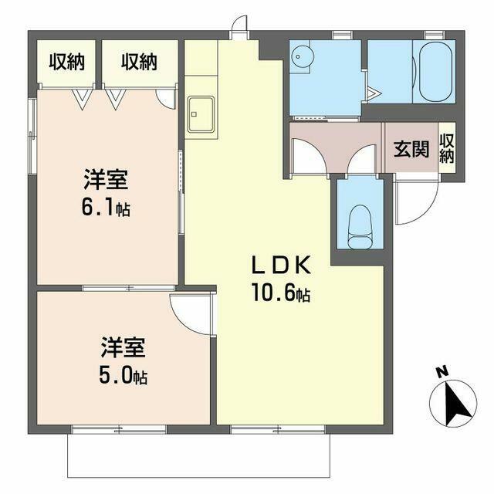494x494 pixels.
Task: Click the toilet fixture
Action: tap(360, 227)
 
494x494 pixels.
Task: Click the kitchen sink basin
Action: tap(201, 114)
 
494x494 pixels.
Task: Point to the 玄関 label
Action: tap(411, 148)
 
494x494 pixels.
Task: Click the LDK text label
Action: tap(281, 266)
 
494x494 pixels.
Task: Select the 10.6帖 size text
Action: tap(281, 293)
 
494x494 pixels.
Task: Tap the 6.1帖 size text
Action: tap(106, 207)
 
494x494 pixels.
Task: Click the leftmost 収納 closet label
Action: tap(67, 62)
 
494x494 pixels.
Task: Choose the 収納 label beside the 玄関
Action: tap(446, 148)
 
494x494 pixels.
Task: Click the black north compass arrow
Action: tap(458, 404)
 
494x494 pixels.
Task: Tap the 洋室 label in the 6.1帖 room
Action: tap(106, 180)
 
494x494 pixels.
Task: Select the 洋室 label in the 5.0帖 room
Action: tap(123, 347)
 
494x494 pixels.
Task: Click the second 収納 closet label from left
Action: tap(139, 62)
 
